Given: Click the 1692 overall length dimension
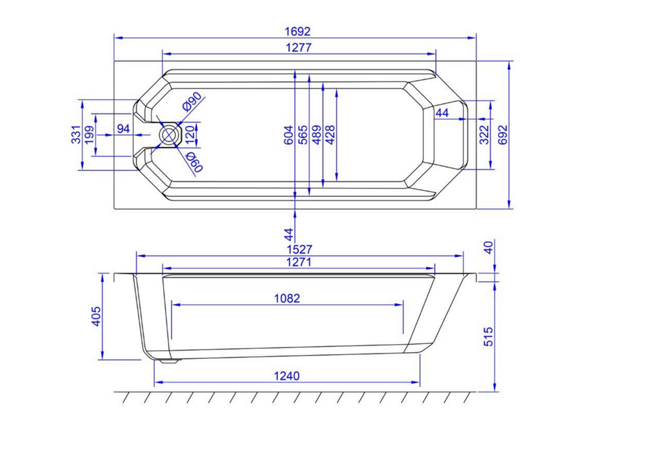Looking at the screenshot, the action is click(x=298, y=31).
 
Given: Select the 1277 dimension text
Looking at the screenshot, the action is click(x=298, y=48).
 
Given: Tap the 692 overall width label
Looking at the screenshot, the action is click(x=503, y=134).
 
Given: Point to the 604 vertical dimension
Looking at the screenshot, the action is click(x=288, y=135).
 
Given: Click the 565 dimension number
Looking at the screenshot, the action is click(x=303, y=135).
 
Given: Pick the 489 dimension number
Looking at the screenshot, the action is click(x=317, y=135).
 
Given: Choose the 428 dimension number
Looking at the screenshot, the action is click(x=330, y=135).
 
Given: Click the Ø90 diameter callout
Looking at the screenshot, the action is click(x=192, y=101).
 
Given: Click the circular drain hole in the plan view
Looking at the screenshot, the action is click(x=169, y=135).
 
